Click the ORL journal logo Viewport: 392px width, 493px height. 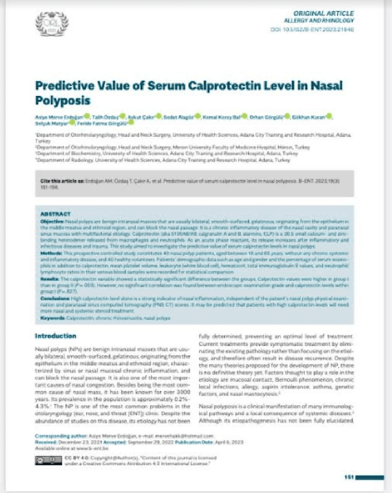coord(52,23)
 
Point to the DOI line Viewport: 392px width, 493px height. coord(319,29)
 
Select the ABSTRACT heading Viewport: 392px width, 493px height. coord(56,214)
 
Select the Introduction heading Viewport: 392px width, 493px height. coord(56,336)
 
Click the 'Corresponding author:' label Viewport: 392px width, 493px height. coord(58,435)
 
